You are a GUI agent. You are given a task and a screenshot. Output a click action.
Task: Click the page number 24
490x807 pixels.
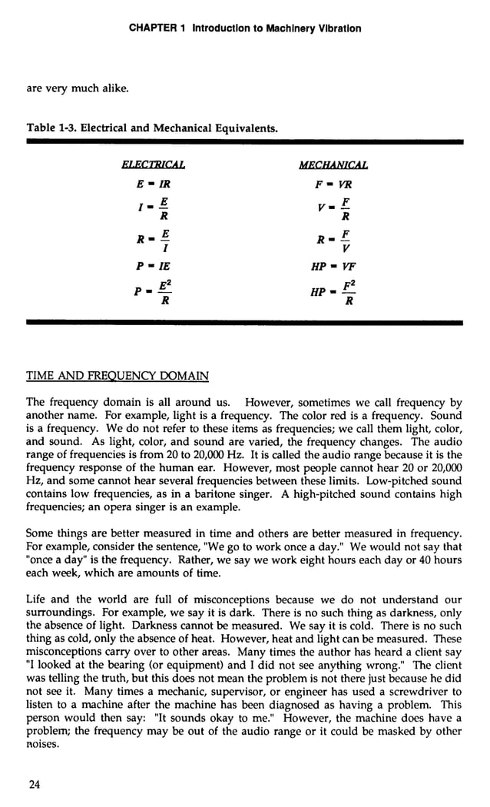[33, 784]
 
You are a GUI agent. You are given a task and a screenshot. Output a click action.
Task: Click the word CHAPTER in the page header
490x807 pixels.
[154, 28]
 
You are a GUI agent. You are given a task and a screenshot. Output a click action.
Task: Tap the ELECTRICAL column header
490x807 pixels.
[154, 165]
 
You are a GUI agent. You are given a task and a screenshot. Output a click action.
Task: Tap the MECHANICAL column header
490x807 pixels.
[333, 165]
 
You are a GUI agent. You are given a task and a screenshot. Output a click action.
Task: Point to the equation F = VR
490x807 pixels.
[333, 184]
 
